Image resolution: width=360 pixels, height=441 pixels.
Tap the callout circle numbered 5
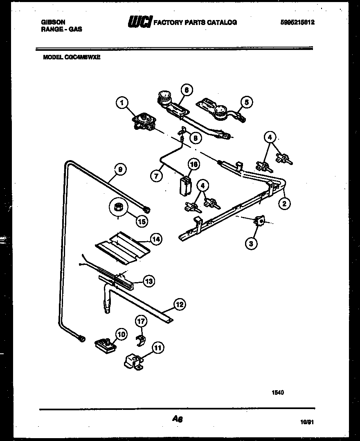click(x=246, y=102)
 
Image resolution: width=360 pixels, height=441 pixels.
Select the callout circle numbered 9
click(x=120, y=168)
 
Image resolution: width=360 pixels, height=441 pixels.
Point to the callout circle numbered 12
click(x=179, y=304)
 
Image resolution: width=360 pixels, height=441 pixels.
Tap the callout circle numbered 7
click(x=156, y=176)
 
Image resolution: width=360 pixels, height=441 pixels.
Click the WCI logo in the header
click(x=140, y=23)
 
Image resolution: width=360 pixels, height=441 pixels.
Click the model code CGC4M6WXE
click(x=72, y=58)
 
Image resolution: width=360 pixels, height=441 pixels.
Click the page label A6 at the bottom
click(x=177, y=418)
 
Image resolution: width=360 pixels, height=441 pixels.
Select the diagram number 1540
click(x=278, y=392)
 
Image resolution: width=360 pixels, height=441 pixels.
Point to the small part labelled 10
click(x=105, y=343)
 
